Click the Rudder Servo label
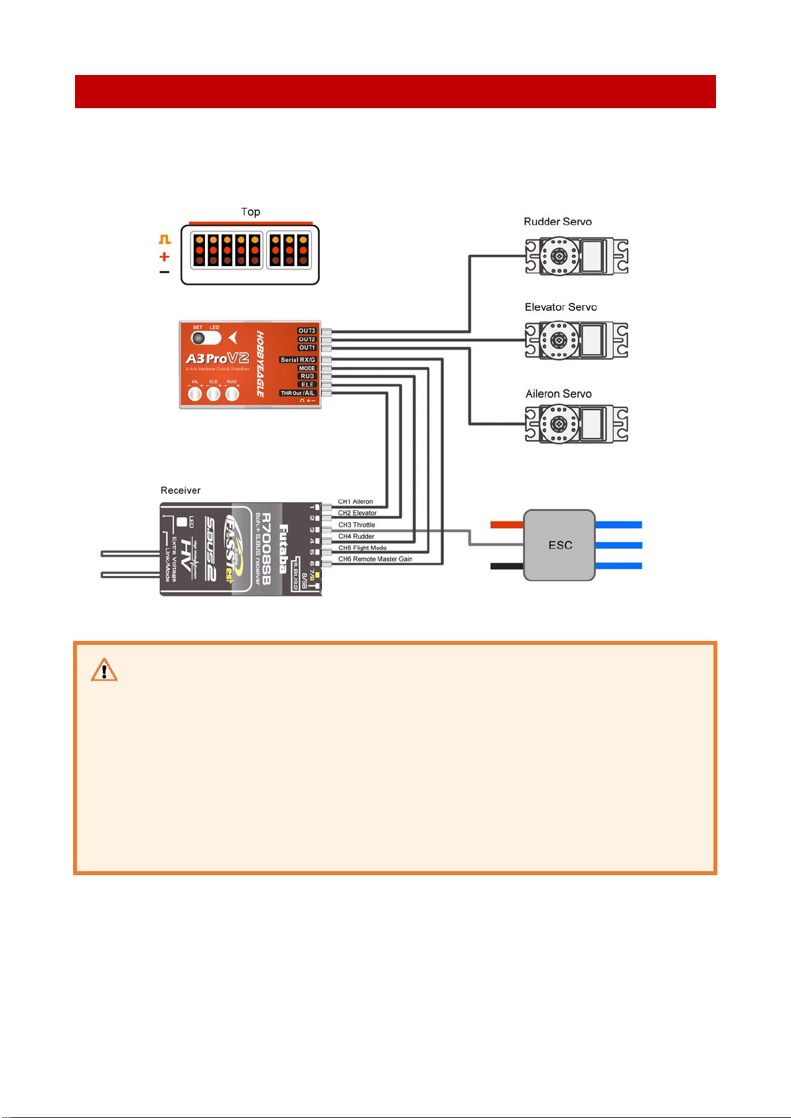pos(557,222)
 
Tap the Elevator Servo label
pos(561,307)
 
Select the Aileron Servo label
pos(558,394)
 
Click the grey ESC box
pos(559,545)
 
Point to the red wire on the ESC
pos(507,525)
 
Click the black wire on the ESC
pos(507,566)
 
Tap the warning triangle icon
pos(104,671)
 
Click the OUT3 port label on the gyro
pos(307,330)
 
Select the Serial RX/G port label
pos(297,360)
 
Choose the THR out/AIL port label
pos(297,393)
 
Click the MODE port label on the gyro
pos(307,368)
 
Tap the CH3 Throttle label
pos(356,525)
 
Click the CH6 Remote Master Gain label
pos(375,559)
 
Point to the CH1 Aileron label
pos(355,502)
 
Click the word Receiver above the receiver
pos(180,490)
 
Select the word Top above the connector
pos(250,212)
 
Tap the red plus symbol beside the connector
pos(165,257)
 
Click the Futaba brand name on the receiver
pos(284,547)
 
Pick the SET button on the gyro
pos(198,338)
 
